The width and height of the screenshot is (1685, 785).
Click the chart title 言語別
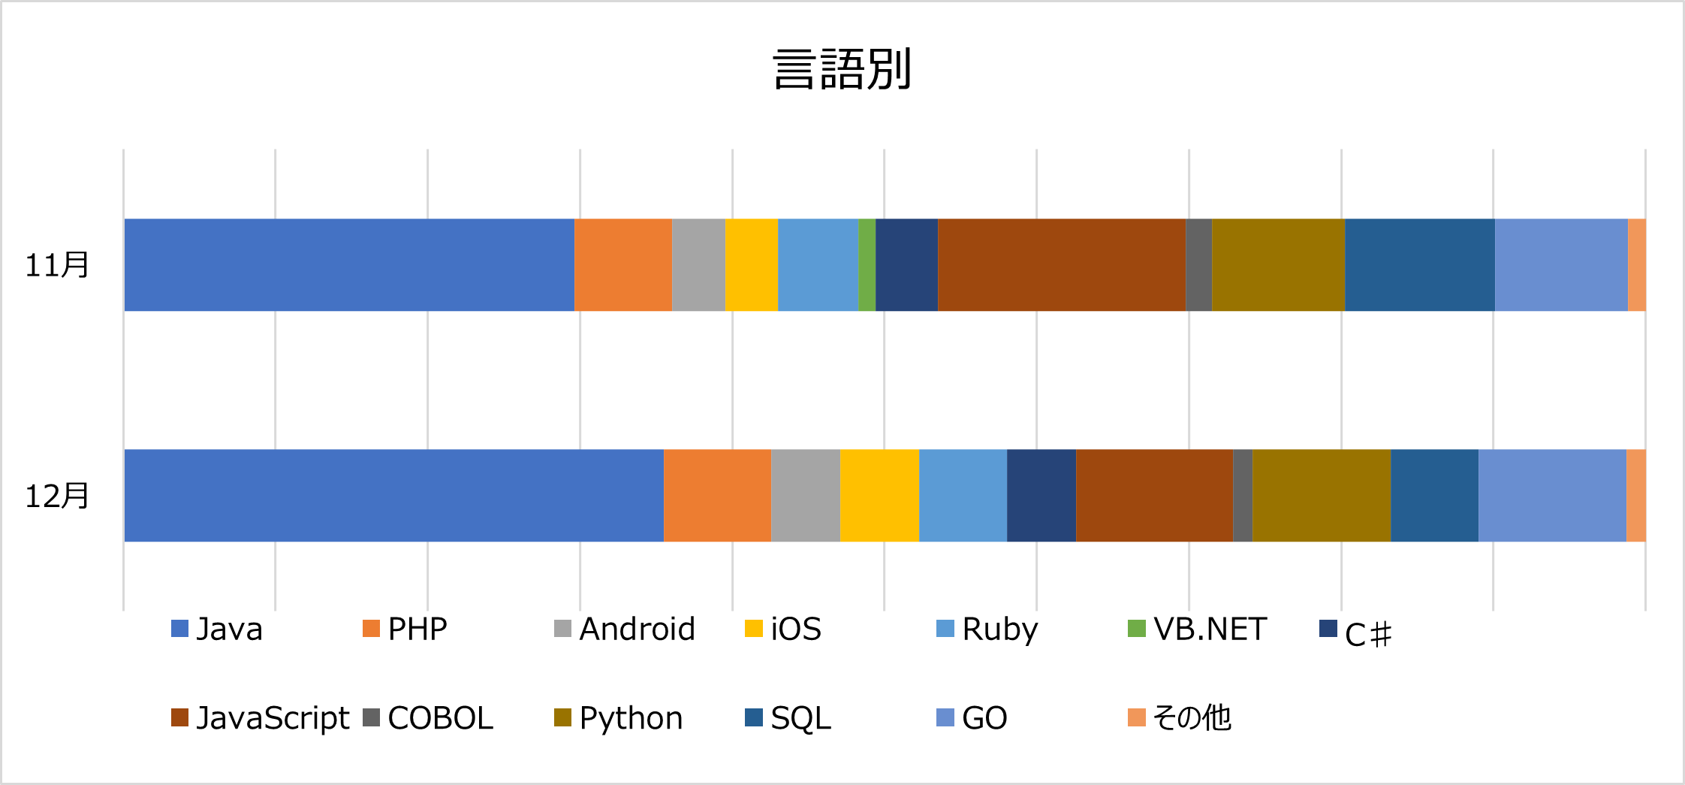[x=842, y=69]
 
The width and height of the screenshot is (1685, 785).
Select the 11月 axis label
[x=57, y=265]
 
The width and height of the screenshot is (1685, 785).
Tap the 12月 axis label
[x=57, y=496]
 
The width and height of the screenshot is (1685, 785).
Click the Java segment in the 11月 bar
[x=349, y=265]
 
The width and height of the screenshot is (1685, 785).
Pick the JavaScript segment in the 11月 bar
[x=1062, y=265]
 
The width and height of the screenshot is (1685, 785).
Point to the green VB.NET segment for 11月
[x=867, y=265]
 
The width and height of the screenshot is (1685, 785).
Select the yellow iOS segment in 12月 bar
[x=879, y=496]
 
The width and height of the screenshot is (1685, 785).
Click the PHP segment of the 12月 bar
[x=717, y=496]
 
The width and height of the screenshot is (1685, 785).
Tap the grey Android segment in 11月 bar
[x=698, y=265]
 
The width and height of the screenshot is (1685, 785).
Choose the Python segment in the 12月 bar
[x=1321, y=496]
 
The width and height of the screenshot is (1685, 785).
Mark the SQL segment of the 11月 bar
[x=1419, y=265]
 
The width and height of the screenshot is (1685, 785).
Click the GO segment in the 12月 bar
[x=1552, y=496]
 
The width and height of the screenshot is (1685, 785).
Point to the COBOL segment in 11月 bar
[x=1198, y=265]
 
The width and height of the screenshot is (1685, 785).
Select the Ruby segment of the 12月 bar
[x=963, y=496]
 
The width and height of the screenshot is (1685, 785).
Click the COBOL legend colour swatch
[x=371, y=717]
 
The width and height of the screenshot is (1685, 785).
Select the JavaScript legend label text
[x=273, y=718]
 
